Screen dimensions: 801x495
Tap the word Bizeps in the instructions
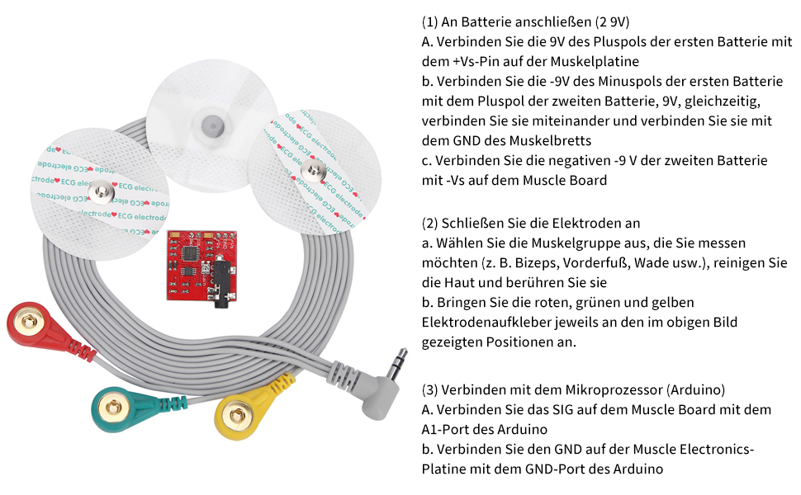coord(515,262)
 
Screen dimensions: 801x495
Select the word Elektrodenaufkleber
coord(480,322)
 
